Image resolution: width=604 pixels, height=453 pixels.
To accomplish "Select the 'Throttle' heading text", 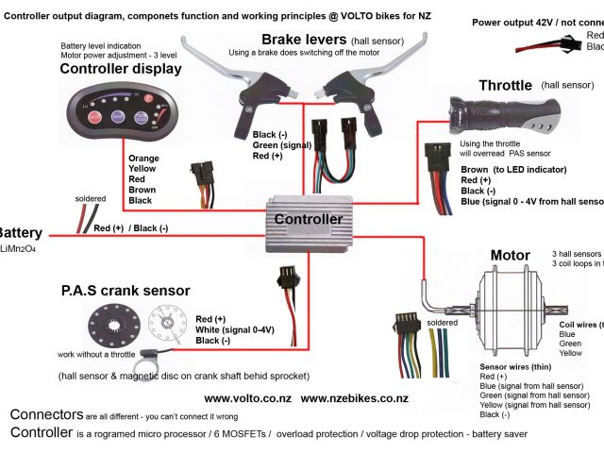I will (505, 85).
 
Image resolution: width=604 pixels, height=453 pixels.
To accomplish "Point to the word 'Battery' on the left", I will (13, 232).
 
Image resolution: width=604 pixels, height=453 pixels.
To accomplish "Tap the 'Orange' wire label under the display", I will (143, 159).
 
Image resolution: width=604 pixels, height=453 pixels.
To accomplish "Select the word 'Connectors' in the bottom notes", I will (45, 415).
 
